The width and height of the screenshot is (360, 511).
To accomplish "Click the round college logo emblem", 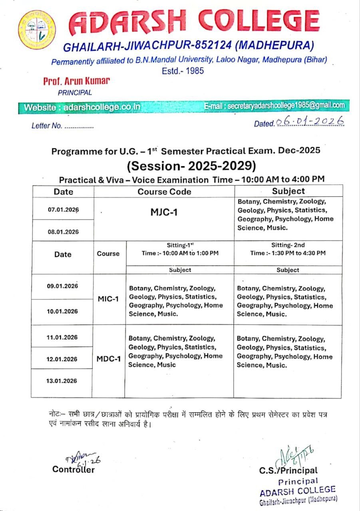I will tap(37, 30).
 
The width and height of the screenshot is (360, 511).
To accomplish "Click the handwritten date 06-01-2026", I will tap(310, 121).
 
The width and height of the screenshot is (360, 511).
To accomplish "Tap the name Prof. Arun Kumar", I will tap(76, 81).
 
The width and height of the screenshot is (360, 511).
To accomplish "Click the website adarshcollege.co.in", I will tap(82, 107).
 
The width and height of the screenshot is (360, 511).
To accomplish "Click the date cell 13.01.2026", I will tap(62, 381).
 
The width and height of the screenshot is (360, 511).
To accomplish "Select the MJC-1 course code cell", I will tap(164, 212).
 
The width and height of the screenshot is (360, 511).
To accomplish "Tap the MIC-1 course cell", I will tap(108, 299).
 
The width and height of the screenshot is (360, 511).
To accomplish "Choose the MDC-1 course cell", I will tap(108, 358).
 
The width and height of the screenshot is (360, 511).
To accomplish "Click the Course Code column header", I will tap(164, 192).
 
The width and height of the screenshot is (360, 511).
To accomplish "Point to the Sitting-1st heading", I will tap(180, 245).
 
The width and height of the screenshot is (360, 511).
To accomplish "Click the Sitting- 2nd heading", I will tap(288, 245).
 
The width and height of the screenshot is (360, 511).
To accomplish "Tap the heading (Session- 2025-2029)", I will tap(191, 165).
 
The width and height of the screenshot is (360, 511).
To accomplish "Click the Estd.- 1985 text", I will tap(183, 71).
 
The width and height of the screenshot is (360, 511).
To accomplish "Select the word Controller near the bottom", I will tap(74, 469).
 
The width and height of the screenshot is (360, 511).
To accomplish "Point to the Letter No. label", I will tap(47, 126).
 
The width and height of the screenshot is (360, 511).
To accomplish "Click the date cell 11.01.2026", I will tap(62, 337).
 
